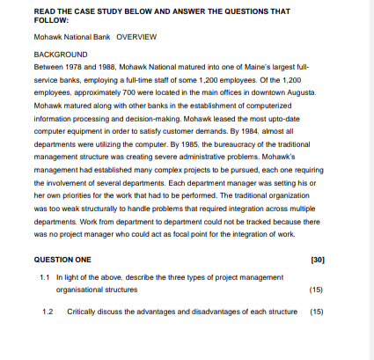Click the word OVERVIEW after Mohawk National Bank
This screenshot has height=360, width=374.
(136, 38)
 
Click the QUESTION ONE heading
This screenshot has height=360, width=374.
(62, 261)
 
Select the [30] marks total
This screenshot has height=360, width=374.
(318, 261)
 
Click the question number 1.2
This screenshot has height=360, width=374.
(48, 312)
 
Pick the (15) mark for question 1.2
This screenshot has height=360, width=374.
(318, 312)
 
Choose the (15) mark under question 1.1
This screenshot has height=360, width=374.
(318, 289)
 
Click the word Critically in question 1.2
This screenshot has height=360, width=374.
(82, 312)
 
